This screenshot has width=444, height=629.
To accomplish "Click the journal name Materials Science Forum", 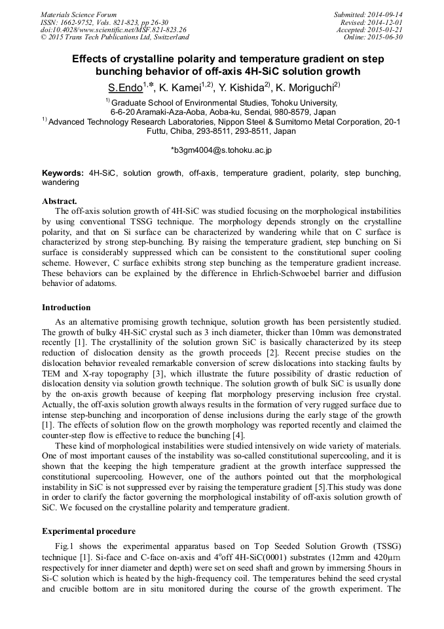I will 79,14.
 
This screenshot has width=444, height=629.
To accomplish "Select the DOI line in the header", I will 113,30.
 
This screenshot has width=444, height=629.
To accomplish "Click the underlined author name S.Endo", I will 124,87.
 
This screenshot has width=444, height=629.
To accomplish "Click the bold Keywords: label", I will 63,173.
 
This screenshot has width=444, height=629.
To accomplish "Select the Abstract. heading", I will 60,201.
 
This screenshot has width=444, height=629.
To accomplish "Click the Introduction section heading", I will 66,308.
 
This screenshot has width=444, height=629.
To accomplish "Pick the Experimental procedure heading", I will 88,531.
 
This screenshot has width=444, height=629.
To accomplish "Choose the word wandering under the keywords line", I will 60,182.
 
